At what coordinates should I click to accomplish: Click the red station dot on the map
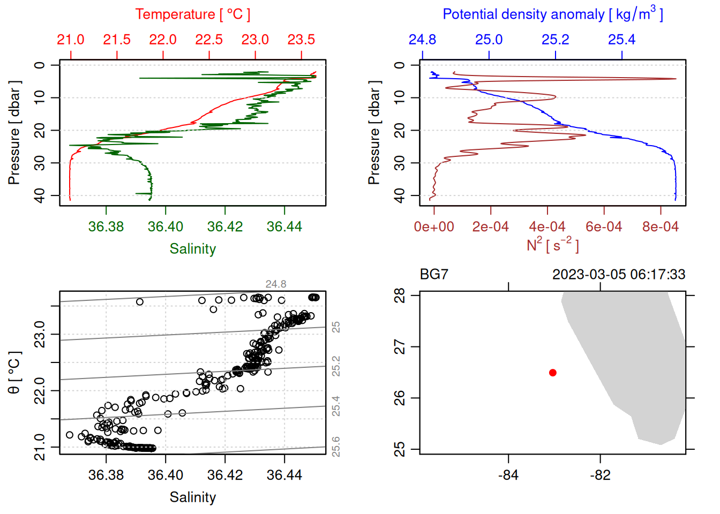tap(552, 373)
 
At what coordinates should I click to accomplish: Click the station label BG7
tap(434, 275)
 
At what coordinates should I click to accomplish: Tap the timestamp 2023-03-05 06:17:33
tap(619, 275)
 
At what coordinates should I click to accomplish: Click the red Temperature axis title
tap(193, 14)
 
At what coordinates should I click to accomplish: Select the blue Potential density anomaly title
tap(552, 14)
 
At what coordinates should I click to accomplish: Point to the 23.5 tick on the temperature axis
tap(301, 40)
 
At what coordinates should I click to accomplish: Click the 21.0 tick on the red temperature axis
tap(71, 40)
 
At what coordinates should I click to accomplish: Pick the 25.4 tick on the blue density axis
tap(621, 40)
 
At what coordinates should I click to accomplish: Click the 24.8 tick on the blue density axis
tap(422, 40)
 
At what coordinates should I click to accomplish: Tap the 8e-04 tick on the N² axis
tap(660, 227)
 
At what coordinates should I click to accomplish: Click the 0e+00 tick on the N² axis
tap(434, 227)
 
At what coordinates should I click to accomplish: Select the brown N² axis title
tap(552, 245)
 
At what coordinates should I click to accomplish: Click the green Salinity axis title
tap(193, 249)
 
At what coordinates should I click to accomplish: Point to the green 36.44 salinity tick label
tap(284, 227)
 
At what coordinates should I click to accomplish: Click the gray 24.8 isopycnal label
tap(276, 284)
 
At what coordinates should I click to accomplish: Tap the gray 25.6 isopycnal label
tap(336, 447)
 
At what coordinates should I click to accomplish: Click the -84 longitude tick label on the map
tap(508, 475)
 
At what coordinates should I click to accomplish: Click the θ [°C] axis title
tap(14, 373)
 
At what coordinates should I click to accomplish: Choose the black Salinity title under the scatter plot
tap(193, 497)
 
